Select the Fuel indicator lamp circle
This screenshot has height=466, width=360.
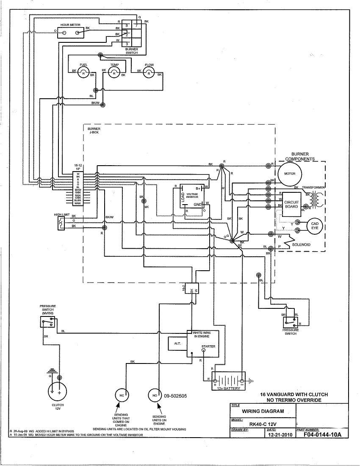tap(83, 73)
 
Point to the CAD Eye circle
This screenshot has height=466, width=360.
tap(315, 226)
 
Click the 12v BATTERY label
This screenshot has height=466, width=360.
tap(229, 388)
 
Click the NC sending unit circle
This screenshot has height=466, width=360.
tap(122, 396)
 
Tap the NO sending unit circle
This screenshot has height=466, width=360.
tap(154, 396)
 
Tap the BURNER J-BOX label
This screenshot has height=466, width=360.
tap(94, 130)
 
